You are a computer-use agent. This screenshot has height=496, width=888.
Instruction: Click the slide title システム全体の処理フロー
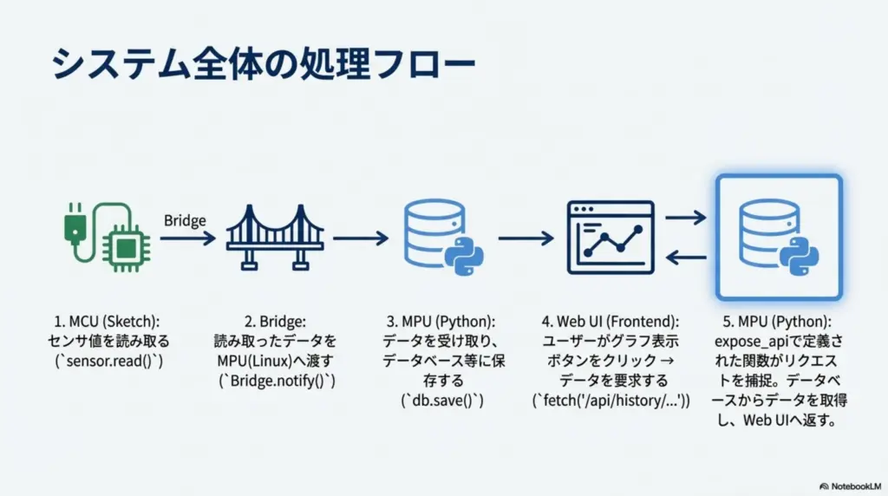click(264, 64)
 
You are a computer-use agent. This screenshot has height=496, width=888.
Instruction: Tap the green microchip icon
click(126, 247)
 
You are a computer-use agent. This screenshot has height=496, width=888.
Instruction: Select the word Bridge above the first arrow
click(185, 220)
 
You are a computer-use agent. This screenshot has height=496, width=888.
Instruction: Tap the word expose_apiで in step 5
click(754, 343)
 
